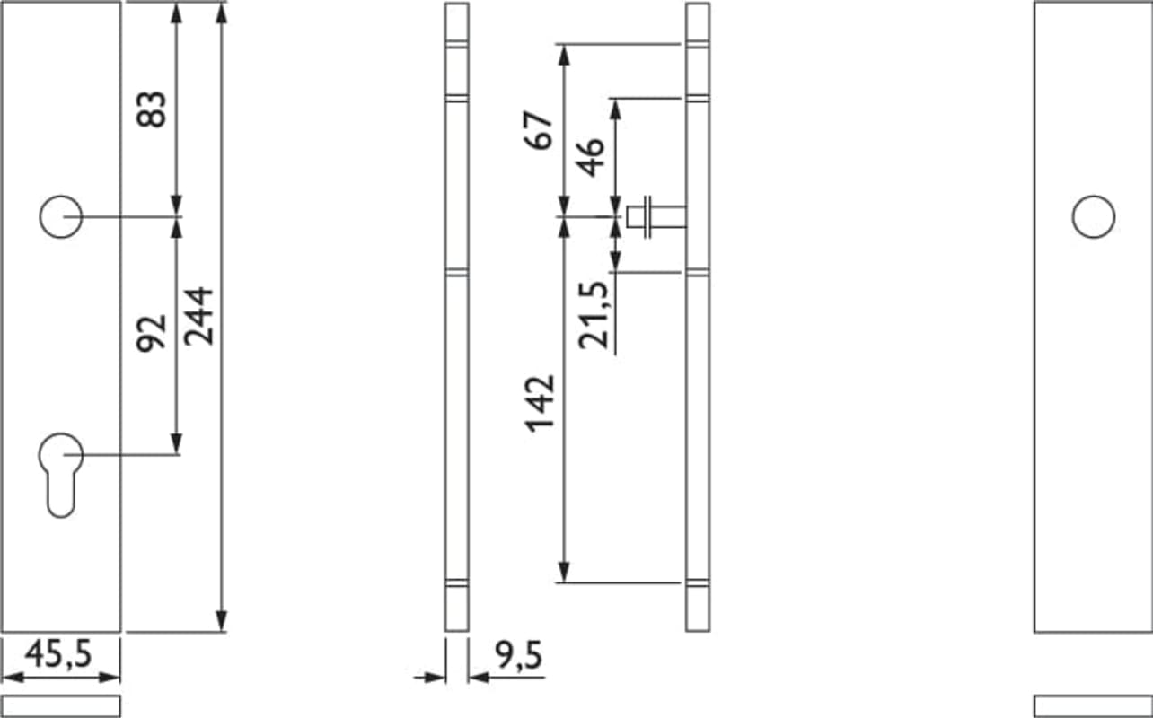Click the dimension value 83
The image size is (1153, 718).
click(x=152, y=109)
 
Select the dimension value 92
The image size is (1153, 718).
click(x=152, y=333)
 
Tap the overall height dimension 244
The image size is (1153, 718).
click(x=198, y=316)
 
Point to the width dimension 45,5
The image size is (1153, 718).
click(x=58, y=654)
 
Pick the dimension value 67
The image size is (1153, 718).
click(x=539, y=130)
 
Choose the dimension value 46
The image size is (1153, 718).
click(x=590, y=157)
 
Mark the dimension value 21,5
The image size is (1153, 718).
click(x=594, y=315)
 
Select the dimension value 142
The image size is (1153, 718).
click(x=540, y=404)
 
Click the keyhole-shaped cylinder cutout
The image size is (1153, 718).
click(x=61, y=475)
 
